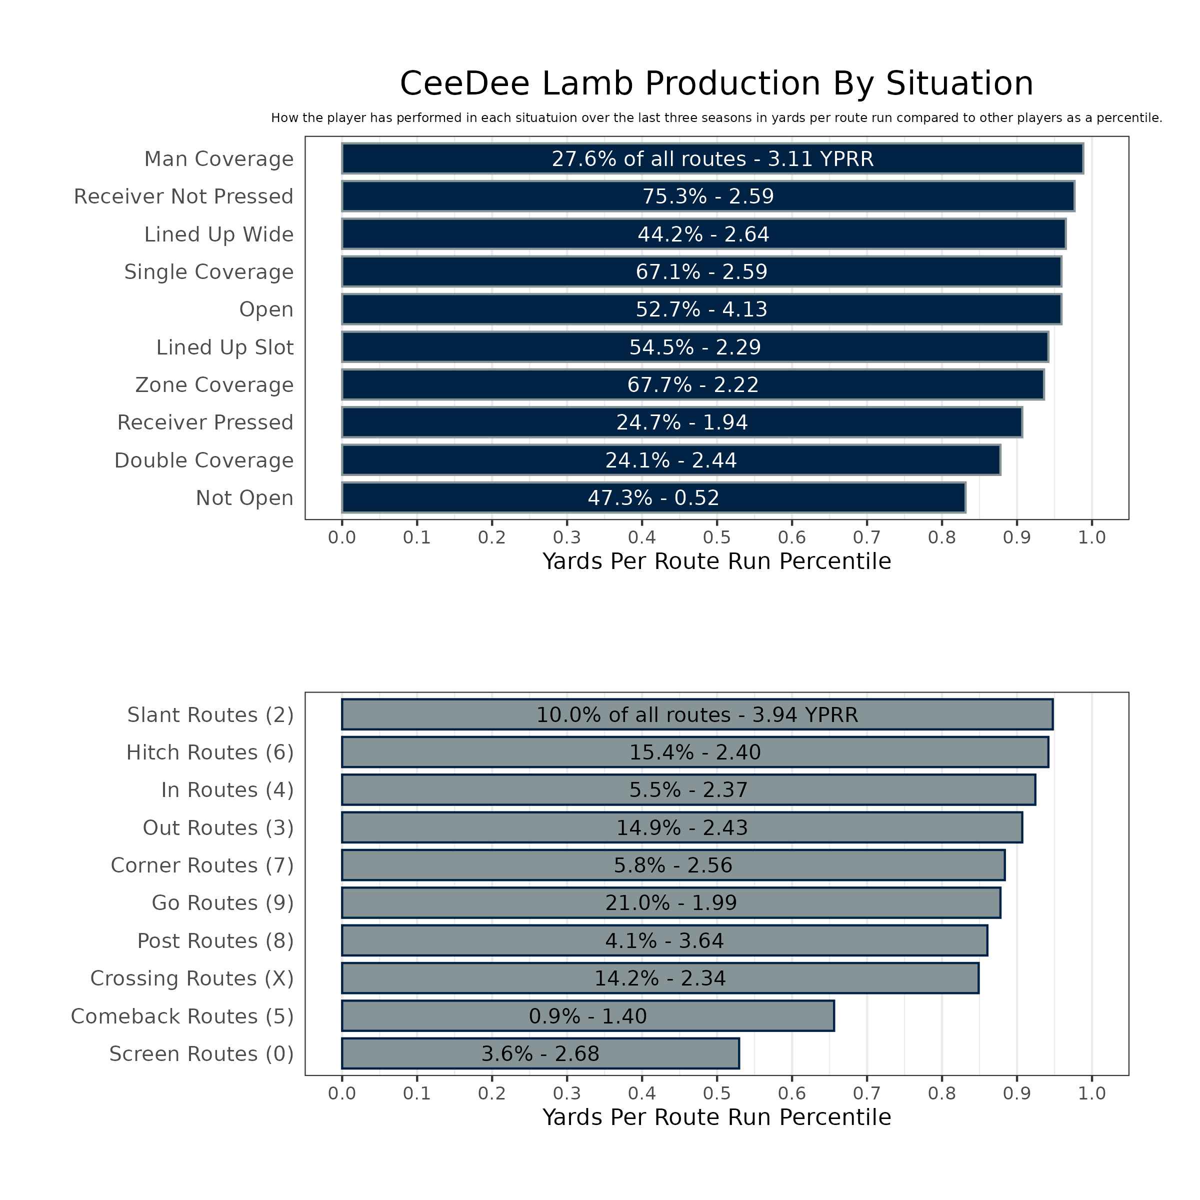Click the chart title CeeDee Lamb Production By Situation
click(716, 84)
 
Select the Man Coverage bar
click(712, 159)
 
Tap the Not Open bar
click(653, 498)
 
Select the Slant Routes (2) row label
click(210, 715)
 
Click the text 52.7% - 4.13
click(701, 309)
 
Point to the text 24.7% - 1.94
click(682, 423)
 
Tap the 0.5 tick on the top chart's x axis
click(717, 538)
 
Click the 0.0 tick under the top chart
click(341, 538)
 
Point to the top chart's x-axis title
click(716, 561)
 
